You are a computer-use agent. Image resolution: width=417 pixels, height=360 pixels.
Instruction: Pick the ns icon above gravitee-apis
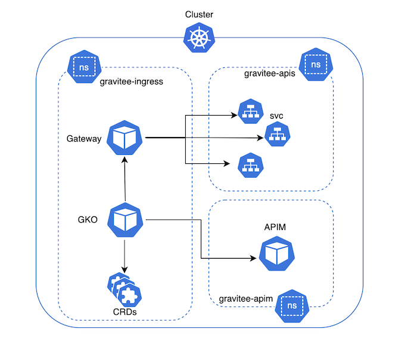[x=316, y=64]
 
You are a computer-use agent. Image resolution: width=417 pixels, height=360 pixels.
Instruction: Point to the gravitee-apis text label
[x=270, y=73]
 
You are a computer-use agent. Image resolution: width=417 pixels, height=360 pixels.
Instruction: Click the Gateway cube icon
[x=125, y=138]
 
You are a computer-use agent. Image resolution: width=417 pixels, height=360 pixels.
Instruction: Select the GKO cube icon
[x=125, y=219]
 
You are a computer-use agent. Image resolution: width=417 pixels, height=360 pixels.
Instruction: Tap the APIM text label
[x=276, y=227]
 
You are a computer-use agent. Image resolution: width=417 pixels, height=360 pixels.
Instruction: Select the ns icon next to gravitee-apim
[x=292, y=306]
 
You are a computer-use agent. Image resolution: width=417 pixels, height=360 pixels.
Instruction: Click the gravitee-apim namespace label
[x=246, y=297]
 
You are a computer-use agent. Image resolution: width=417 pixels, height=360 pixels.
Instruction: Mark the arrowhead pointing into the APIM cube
[x=254, y=259]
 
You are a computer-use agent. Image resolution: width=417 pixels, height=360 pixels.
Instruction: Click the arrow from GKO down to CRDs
[x=125, y=253]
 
